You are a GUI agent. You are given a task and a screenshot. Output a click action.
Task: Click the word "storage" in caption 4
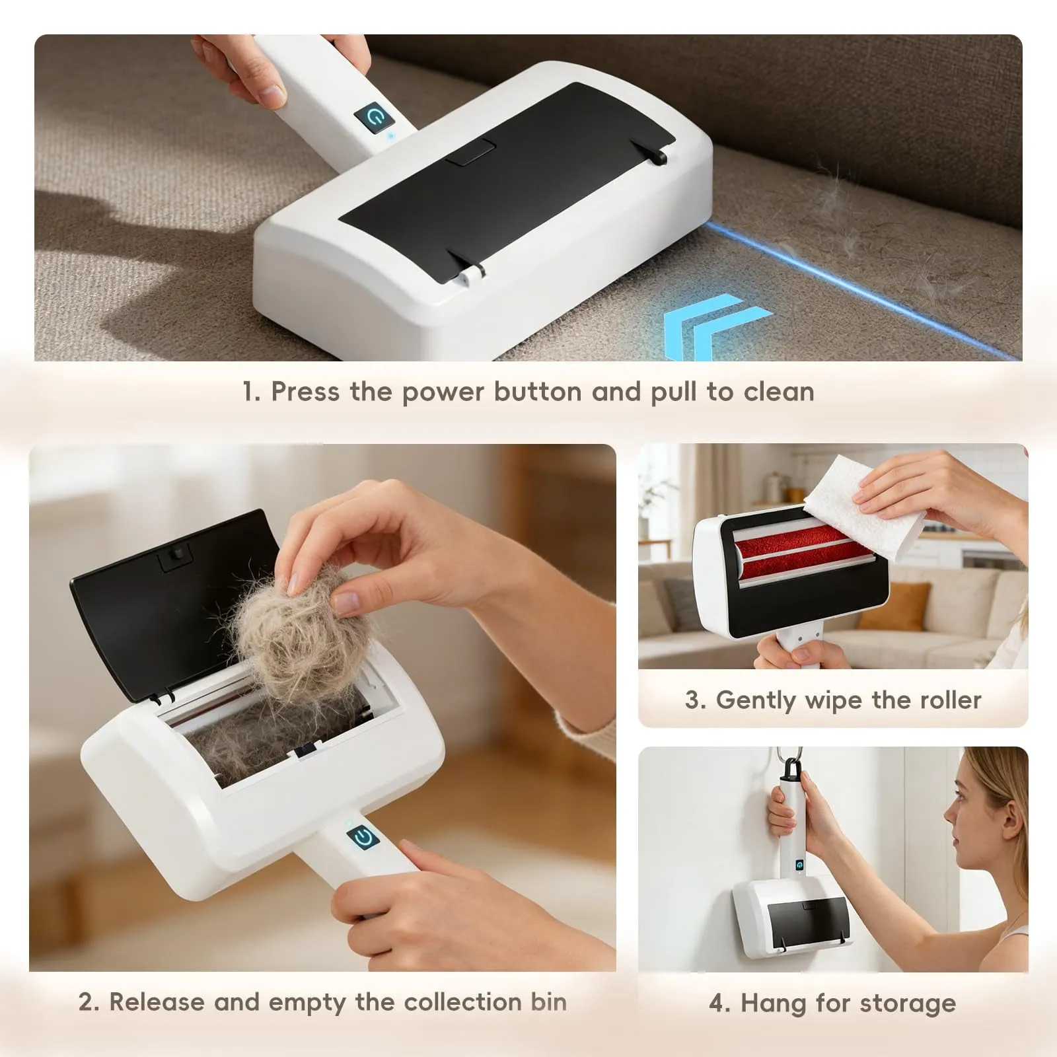point(914,1003)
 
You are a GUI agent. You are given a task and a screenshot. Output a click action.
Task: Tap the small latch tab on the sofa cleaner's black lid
point(470,151)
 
